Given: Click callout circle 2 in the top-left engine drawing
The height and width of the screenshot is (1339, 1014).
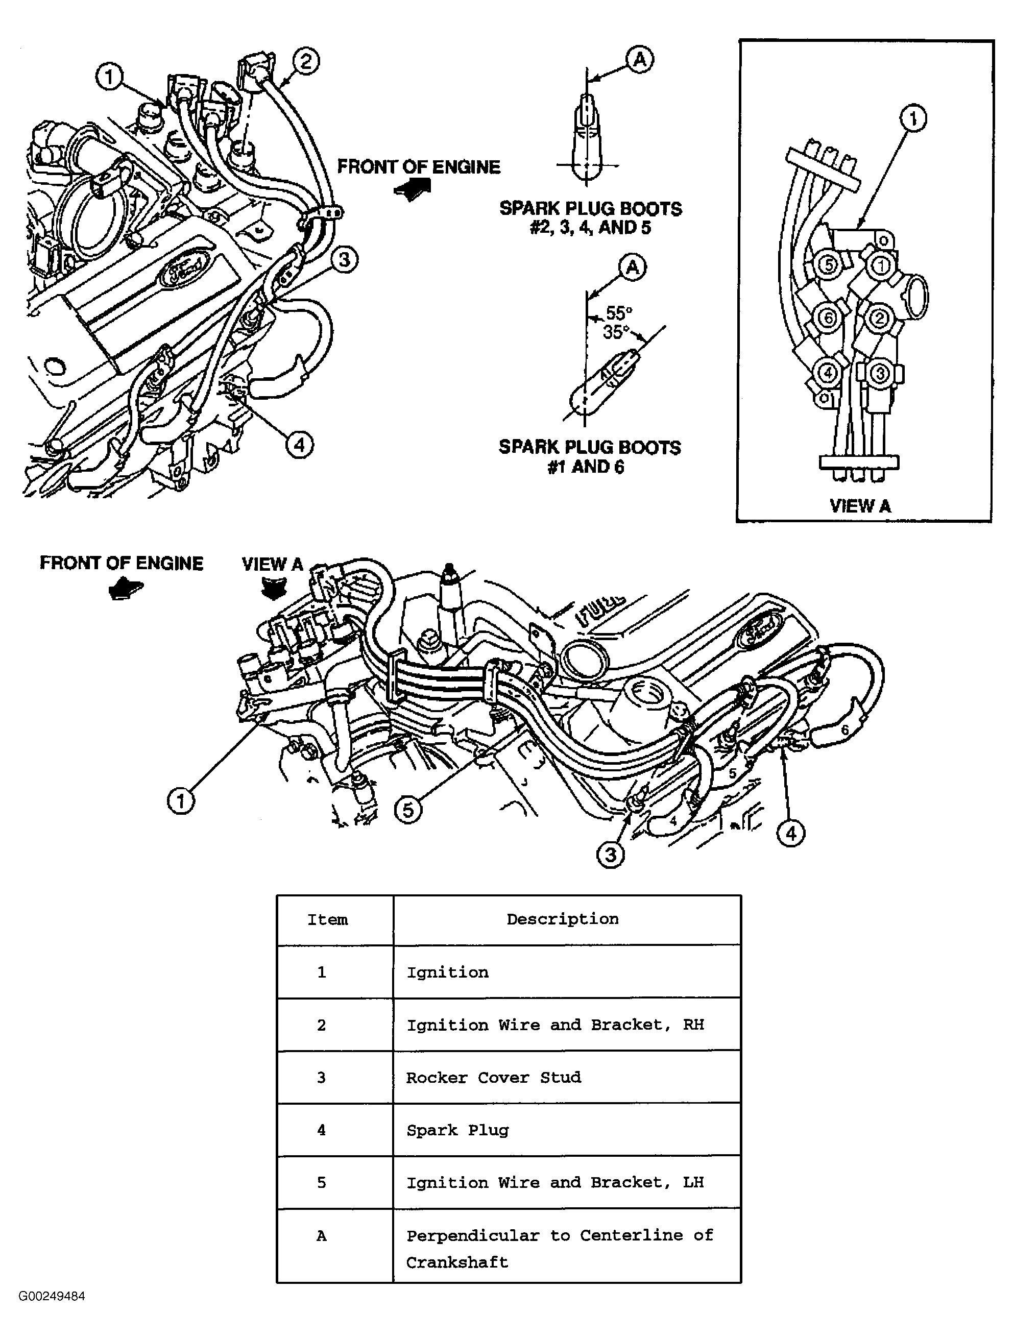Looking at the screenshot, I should point(306,62).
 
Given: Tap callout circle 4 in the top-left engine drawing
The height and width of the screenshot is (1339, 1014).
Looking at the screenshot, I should point(299,445).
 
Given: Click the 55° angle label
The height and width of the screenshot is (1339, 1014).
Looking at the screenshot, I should point(619,313).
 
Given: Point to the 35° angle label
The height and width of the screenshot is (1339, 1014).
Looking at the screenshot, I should point(615,332).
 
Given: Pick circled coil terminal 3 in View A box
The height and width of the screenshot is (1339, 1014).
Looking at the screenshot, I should point(880,372).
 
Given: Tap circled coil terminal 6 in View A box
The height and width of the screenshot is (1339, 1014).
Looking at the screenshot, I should point(827,317).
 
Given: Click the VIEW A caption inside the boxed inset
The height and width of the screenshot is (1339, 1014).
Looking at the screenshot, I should point(860,506).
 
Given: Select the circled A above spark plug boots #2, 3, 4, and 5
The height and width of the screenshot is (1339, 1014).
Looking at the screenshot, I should point(640,59).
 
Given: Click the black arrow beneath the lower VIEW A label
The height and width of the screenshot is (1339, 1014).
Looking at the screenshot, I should point(273,589).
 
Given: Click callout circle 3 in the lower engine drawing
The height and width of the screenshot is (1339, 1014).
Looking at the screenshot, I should point(610,855).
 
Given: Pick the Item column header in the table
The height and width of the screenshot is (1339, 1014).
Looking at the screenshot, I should point(327,920).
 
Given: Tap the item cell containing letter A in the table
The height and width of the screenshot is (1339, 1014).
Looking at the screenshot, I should point(322,1236).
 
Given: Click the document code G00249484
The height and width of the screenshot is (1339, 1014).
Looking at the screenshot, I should point(52,1297).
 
